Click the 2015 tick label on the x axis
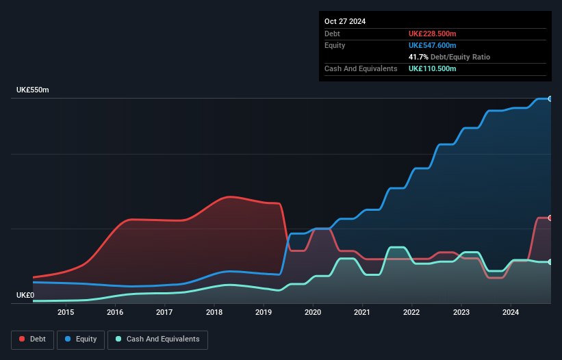pyautogui.click(x=66, y=313)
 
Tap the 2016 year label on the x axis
pyautogui.click(x=115, y=313)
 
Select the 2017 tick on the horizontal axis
pyautogui.click(x=164, y=313)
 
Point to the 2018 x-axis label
pyautogui.click(x=214, y=313)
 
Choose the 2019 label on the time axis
pyautogui.click(x=264, y=313)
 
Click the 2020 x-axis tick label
pyautogui.click(x=313, y=313)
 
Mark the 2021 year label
pyautogui.click(x=362, y=313)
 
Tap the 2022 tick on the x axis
pyautogui.click(x=412, y=313)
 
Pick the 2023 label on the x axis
pyautogui.click(x=461, y=313)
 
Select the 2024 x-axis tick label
pyautogui.click(x=511, y=313)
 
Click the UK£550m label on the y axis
pyautogui.click(x=33, y=90)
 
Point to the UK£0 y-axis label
pyautogui.click(x=25, y=295)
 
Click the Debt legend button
pyautogui.click(x=32, y=339)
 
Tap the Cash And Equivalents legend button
pyautogui.click(x=157, y=339)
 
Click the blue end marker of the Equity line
pyautogui.click(x=550, y=99)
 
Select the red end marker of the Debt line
pyautogui.click(x=550, y=218)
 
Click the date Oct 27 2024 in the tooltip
pyautogui.click(x=345, y=21)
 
